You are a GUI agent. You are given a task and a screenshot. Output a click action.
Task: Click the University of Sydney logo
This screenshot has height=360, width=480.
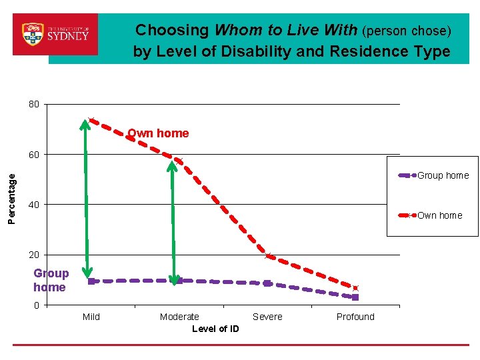coord(55,34)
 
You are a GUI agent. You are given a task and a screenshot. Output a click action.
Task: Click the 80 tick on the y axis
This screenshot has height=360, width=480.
coord(33,104)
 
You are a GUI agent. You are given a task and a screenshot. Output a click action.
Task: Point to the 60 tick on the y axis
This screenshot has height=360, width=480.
coord(33,155)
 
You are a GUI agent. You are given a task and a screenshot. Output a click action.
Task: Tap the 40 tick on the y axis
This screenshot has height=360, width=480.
coord(33,205)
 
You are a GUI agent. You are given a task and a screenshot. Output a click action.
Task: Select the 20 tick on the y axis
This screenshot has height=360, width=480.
coord(33,255)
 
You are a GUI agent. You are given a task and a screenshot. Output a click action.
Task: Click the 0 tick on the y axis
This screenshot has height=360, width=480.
coord(36,305)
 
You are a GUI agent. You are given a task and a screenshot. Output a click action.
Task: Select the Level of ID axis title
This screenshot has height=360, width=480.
coord(215,329)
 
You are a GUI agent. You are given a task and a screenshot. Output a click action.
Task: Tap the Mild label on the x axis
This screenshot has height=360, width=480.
coord(91,317)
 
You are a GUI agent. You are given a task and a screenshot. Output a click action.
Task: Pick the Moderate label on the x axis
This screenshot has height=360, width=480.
coord(179,317)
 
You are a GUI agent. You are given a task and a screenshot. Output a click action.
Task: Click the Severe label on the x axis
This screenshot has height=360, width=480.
coord(267,317)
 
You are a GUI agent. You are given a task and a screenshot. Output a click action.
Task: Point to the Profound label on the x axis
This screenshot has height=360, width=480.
coord(355,317)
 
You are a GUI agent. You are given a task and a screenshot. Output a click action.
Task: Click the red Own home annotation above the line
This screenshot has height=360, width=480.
coord(159,133)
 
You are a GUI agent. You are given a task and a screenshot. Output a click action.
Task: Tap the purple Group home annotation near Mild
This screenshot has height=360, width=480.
coord(51,281)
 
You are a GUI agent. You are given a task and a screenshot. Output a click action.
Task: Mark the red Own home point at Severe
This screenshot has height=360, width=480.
coord(268,256)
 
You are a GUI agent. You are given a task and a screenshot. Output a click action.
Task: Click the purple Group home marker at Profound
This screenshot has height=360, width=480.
coord(355,297)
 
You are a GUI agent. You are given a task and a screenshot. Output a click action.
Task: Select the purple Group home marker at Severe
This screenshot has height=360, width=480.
coord(267,283)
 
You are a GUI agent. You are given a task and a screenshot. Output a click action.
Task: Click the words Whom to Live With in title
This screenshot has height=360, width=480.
coord(285,31)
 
